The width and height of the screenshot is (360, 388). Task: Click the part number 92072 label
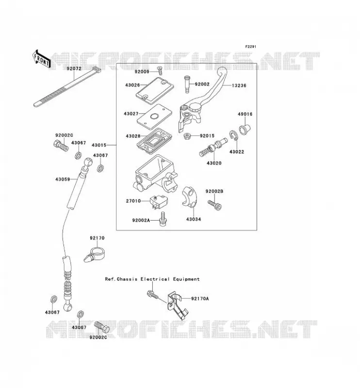(x=74, y=68)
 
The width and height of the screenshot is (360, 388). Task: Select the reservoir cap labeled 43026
(x=155, y=89)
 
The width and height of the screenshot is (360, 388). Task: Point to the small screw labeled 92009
(x=160, y=70)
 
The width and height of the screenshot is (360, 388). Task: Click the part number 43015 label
(x=99, y=145)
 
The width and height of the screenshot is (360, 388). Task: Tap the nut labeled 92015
(x=187, y=136)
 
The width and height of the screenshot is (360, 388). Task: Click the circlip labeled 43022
(x=233, y=136)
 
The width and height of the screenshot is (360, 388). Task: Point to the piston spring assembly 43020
(x=213, y=147)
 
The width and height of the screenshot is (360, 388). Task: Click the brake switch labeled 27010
(x=159, y=202)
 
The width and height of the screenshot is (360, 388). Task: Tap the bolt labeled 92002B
(x=214, y=205)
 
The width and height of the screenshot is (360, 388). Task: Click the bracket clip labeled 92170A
(x=177, y=305)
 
